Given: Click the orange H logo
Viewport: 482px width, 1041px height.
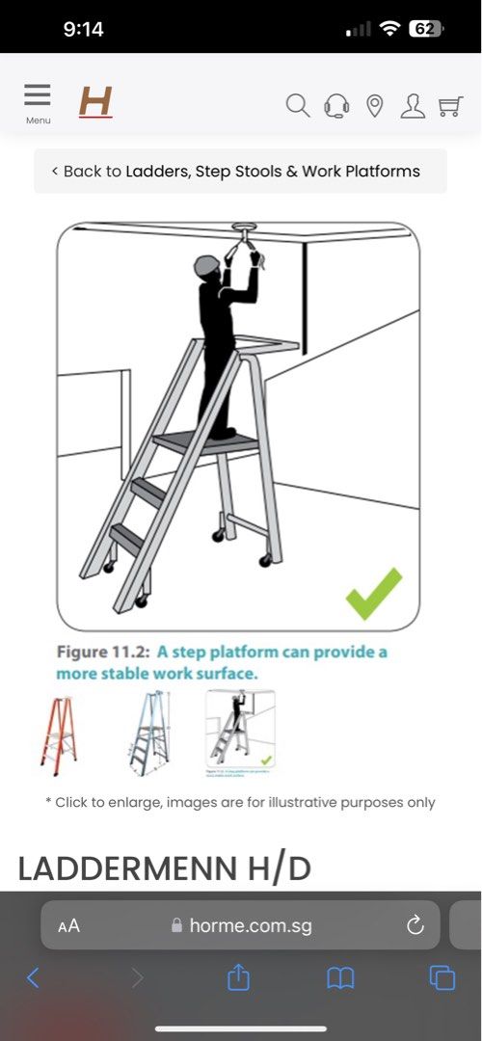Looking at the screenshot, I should coord(95,101).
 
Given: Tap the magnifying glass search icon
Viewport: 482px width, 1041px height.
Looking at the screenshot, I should coord(298,105).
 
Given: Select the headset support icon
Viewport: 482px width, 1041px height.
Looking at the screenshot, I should coord(336,105).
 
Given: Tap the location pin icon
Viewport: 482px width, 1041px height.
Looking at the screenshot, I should coord(375,105).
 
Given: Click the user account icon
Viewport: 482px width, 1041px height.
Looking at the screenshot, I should coord(413,105).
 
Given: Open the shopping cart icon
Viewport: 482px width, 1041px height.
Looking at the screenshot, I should coord(450,105).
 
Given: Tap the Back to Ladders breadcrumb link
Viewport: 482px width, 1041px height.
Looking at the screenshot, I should coord(240,172).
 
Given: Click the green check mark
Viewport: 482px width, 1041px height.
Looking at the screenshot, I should coord(374,593).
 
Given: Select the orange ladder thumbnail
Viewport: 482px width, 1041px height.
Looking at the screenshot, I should coord(59,732).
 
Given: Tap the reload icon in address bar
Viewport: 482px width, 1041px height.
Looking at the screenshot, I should coord(415,925).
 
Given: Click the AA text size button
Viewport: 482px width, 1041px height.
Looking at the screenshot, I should coord(68,926).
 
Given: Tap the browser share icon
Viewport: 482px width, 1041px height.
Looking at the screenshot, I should coord(238,978).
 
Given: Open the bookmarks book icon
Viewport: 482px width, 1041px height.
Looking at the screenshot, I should coord(340,978).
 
